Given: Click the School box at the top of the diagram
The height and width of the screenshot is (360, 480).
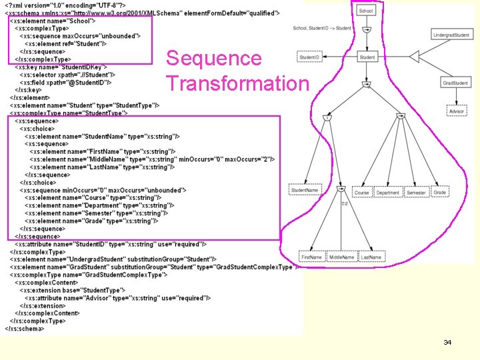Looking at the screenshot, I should coord(366,11).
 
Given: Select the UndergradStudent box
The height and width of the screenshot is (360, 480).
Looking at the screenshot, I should coord(451,35).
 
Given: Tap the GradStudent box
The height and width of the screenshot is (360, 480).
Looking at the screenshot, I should coord(455,83).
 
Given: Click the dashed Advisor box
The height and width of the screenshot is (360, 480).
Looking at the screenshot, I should coord(456,111).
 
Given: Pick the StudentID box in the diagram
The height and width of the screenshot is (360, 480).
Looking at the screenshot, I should coord(308,58).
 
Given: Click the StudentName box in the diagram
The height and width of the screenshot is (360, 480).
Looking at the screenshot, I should coord(304,191).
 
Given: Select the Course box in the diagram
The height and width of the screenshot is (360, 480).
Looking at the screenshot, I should coord(361,193).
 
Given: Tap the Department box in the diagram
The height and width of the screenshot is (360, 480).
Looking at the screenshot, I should coord(387,193).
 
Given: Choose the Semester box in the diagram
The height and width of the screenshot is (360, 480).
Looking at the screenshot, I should coord(416,193).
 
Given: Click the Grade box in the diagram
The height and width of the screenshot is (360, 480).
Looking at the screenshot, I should coord(440,192).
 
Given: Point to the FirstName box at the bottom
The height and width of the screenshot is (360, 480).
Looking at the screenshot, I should coord(311,257).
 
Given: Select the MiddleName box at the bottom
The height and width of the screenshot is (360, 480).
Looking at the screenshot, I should coord(341,257).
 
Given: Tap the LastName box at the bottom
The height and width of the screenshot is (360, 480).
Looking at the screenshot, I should coord(371,257).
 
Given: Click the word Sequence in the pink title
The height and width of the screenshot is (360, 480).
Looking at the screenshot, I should coord(213,59).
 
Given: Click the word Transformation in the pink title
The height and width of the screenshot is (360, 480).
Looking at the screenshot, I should coord(237,84).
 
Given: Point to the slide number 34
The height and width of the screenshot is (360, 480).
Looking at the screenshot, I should coord(447,342).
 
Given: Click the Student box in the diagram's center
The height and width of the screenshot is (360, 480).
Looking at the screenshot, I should coord(367,58).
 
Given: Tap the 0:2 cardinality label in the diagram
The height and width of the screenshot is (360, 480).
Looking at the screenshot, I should coord(345,203).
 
